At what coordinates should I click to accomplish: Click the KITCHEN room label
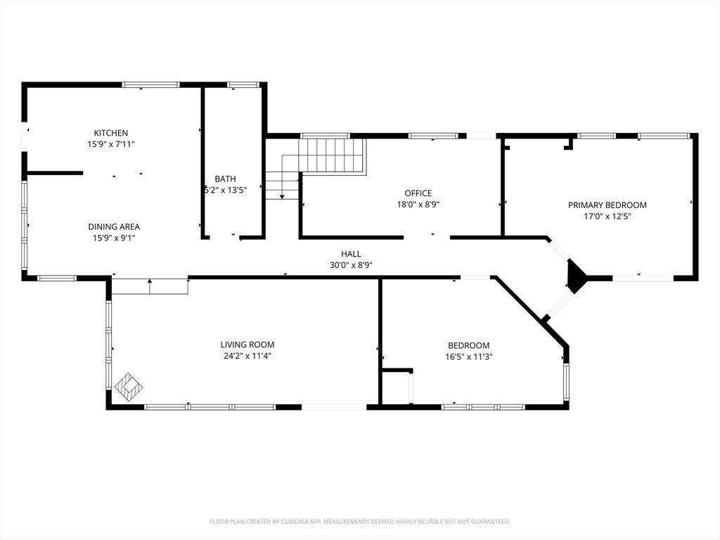click(x=110, y=133)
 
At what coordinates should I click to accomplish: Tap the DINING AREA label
click(x=114, y=227)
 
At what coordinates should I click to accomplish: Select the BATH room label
click(x=225, y=179)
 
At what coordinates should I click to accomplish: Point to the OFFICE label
click(x=418, y=193)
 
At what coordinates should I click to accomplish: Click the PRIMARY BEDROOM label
click(x=607, y=205)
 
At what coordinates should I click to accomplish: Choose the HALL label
click(x=351, y=254)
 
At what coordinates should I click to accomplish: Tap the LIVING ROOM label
click(x=247, y=345)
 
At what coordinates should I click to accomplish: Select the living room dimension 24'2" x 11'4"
click(x=247, y=356)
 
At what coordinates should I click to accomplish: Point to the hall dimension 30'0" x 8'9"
click(x=351, y=265)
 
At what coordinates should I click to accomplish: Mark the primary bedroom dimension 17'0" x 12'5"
click(x=607, y=217)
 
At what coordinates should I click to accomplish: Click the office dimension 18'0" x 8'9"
click(x=418, y=205)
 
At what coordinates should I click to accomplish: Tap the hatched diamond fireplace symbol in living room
click(x=128, y=387)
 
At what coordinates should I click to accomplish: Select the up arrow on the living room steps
click(x=150, y=286)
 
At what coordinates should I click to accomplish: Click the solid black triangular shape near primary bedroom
click(x=576, y=276)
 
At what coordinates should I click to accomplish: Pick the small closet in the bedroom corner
click(x=397, y=387)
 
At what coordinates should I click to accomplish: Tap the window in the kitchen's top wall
click(x=150, y=84)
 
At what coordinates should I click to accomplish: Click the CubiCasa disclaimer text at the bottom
click(x=360, y=522)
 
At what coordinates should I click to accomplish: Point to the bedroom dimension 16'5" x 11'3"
click(x=469, y=356)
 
